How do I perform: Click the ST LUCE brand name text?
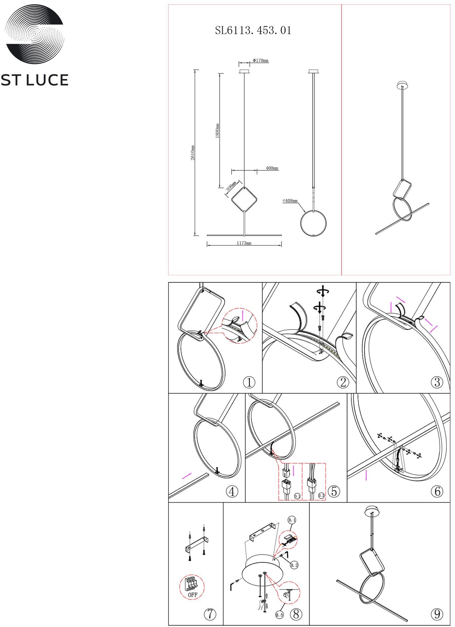tap(34, 80)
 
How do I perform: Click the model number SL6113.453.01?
tap(253, 30)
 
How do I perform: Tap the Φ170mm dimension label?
tap(261, 60)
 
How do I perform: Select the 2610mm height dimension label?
tap(193, 152)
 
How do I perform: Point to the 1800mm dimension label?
tap(217, 131)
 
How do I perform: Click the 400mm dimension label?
tap(272, 168)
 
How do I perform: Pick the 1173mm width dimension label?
tap(244, 243)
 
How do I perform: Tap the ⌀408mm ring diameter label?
tap(290, 201)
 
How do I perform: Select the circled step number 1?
tap(249, 382)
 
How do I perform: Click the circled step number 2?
tap(343, 382)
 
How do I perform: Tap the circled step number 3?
tap(437, 382)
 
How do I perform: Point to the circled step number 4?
tap(232, 491)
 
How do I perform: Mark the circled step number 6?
tap(437, 491)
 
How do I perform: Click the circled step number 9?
tap(437, 614)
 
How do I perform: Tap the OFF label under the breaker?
tap(193, 595)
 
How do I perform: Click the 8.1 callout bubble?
tap(292, 520)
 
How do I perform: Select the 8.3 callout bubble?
tap(279, 615)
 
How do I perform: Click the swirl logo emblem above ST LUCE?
tap(34, 34)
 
